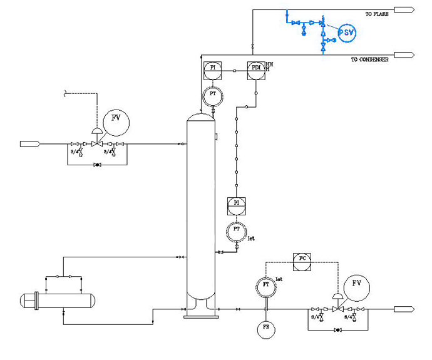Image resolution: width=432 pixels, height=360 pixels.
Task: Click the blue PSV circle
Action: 346,32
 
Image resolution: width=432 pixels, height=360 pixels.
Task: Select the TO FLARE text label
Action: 378,13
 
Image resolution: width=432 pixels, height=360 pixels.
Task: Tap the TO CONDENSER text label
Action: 369,59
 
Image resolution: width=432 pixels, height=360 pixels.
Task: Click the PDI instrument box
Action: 255,70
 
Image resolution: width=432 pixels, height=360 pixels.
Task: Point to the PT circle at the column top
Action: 213,96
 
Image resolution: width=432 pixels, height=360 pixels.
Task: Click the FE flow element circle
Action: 266,328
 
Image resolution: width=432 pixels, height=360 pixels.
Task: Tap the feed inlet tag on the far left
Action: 30,144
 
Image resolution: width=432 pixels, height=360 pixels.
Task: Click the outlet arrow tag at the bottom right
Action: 404,309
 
